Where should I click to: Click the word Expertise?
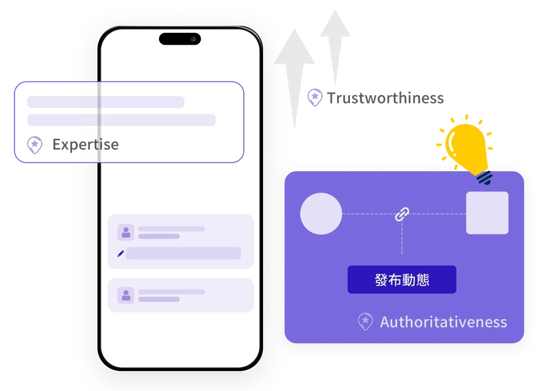click(x=86, y=144)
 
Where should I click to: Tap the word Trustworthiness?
click(x=386, y=98)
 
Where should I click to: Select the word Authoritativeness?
click(x=443, y=322)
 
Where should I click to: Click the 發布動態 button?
click(x=402, y=279)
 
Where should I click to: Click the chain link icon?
click(x=402, y=214)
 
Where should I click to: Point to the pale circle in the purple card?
click(x=321, y=214)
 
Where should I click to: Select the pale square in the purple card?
click(x=487, y=213)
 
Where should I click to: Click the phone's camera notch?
click(x=180, y=39)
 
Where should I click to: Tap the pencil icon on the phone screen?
click(x=121, y=253)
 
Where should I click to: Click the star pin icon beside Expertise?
click(x=35, y=145)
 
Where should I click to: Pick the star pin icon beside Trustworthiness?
click(x=315, y=97)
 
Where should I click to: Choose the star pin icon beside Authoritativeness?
click(x=366, y=321)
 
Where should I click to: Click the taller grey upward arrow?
click(x=295, y=79)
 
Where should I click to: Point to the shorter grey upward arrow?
click(x=335, y=48)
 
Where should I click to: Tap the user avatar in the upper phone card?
click(x=126, y=232)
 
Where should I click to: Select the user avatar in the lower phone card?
click(x=126, y=295)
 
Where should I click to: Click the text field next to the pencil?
click(x=183, y=253)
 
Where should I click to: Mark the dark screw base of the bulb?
click(x=485, y=177)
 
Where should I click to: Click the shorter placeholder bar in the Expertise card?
click(x=106, y=102)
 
